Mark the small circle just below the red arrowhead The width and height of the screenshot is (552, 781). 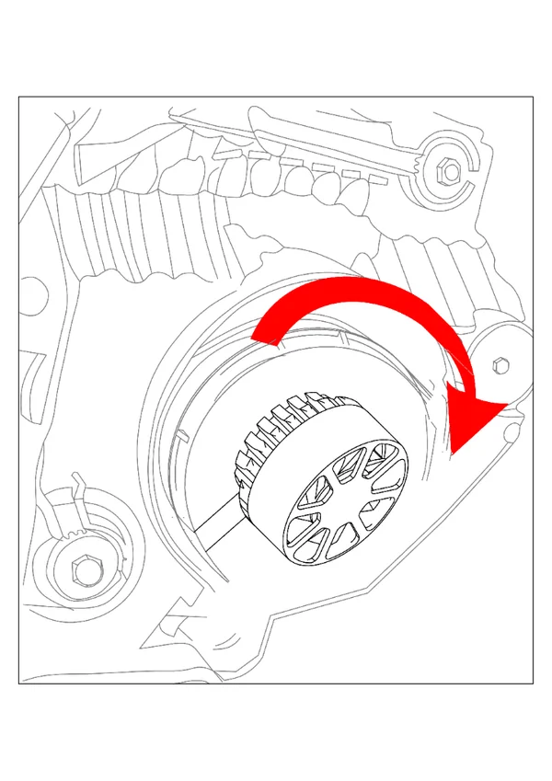[x=512, y=427]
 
